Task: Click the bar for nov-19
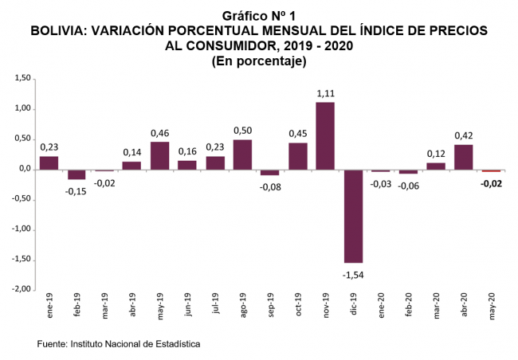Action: click(x=325, y=135)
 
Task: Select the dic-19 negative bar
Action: click(x=353, y=216)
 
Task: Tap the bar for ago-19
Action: click(x=242, y=155)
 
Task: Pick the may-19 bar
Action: click(x=159, y=155)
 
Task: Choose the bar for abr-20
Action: click(x=463, y=157)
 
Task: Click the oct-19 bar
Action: click(x=297, y=156)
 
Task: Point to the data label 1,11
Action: click(x=325, y=94)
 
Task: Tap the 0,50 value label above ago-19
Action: click(x=242, y=131)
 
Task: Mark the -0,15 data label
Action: click(x=77, y=190)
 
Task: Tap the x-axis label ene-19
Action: click(x=49, y=307)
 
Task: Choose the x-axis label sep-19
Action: click(x=270, y=307)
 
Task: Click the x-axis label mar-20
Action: click(x=436, y=307)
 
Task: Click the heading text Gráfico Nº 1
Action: click(x=260, y=16)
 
